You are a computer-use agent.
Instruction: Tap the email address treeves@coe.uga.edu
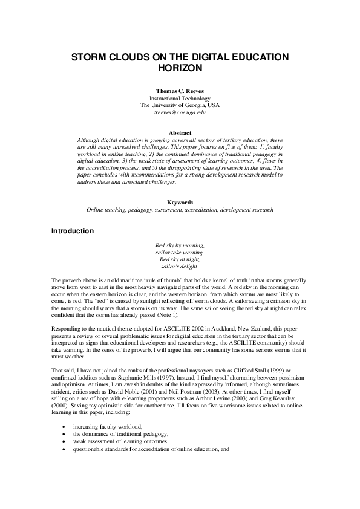click(x=180, y=112)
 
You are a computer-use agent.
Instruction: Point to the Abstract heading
click(x=180, y=132)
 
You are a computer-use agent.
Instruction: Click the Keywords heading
click(x=180, y=203)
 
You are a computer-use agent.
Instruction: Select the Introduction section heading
click(x=73, y=231)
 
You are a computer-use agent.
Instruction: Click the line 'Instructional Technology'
click(x=180, y=98)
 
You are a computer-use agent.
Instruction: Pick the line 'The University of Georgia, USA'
click(x=180, y=105)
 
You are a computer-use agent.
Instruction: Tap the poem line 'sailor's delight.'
click(x=180, y=266)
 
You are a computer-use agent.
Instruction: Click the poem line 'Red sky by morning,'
click(x=180, y=245)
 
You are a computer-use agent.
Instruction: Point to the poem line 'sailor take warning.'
click(x=180, y=252)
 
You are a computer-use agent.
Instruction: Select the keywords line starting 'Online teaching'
click(x=180, y=210)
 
